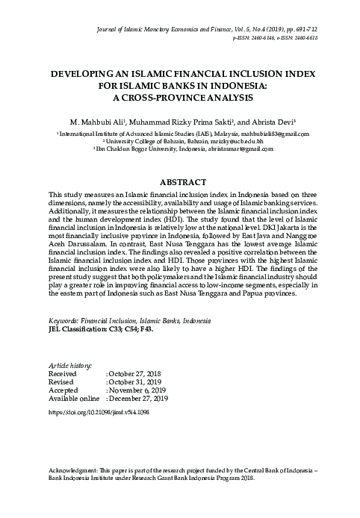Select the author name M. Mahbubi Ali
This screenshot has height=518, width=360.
click(93, 121)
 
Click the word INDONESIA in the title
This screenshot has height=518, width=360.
click(248, 87)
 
